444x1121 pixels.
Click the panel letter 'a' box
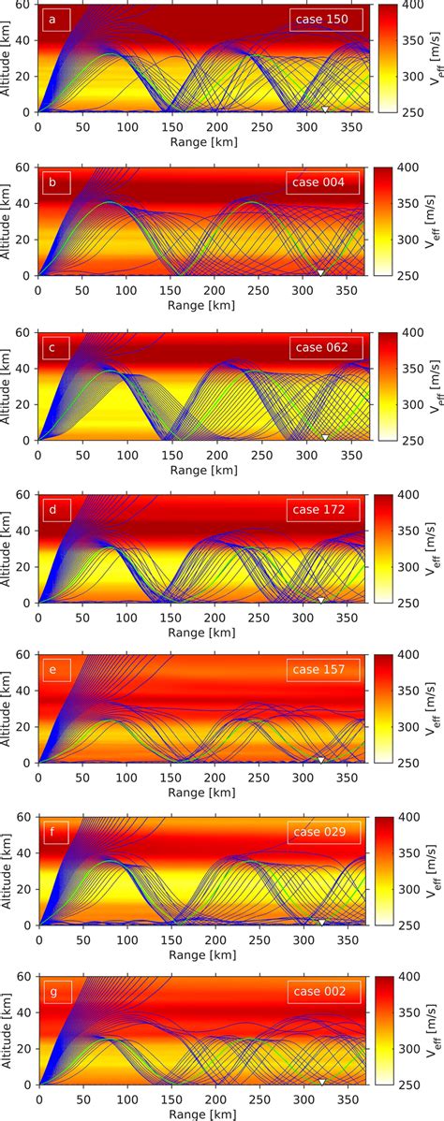tap(53, 20)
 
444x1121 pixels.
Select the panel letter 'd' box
tap(53, 509)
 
